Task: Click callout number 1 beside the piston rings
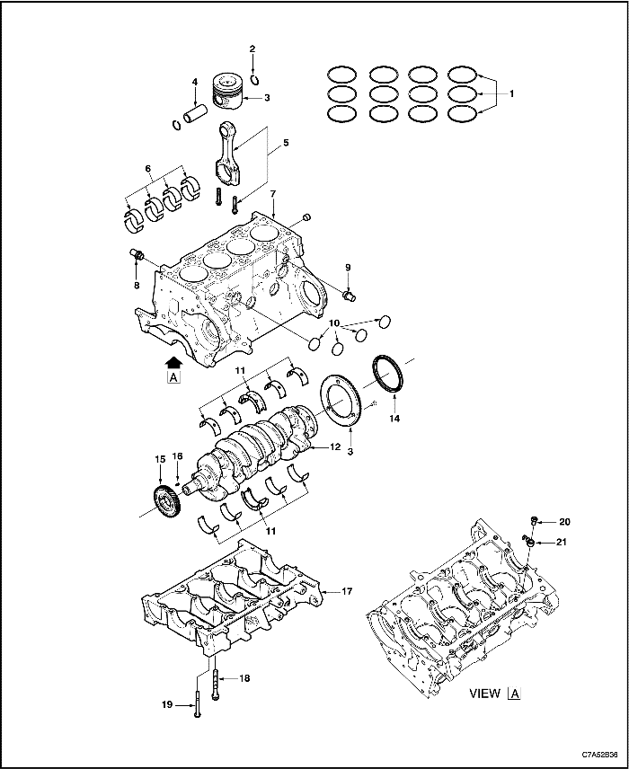click(x=512, y=93)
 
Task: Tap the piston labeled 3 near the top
click(x=228, y=90)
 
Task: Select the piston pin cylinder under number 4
click(x=196, y=117)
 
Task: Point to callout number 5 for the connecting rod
click(x=286, y=142)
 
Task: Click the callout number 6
click(x=149, y=167)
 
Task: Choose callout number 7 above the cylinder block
click(x=272, y=195)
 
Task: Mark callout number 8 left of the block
click(x=137, y=285)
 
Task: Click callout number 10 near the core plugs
click(x=333, y=323)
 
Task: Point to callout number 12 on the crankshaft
click(x=334, y=446)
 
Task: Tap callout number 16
click(x=177, y=456)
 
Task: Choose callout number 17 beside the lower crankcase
click(x=347, y=591)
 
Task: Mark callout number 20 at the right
click(x=564, y=521)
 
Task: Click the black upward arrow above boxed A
click(x=173, y=361)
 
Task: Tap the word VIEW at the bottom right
click(x=485, y=694)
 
